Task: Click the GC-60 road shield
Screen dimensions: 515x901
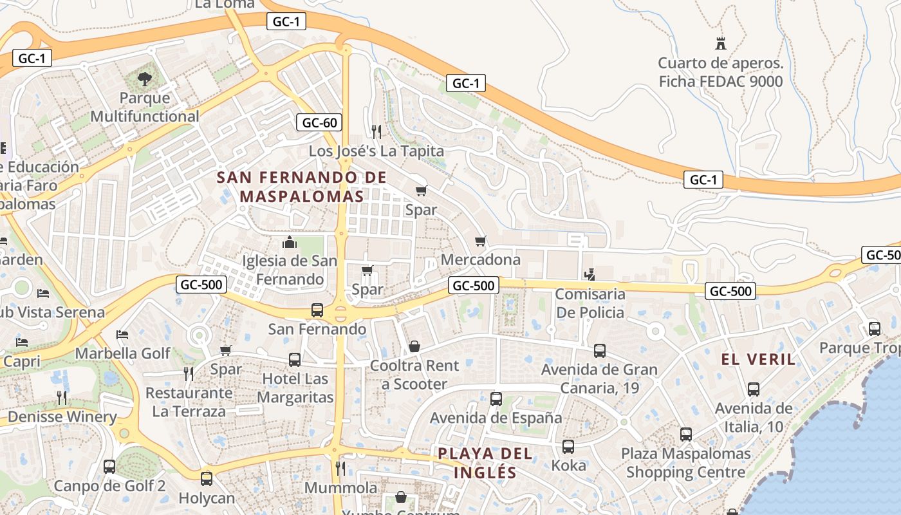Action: [319, 122]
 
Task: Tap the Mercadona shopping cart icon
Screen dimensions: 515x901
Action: [480, 241]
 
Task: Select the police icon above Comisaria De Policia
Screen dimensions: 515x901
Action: [590, 275]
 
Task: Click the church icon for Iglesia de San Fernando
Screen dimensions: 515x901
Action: [290, 242]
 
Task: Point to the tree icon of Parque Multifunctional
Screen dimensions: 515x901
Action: [145, 79]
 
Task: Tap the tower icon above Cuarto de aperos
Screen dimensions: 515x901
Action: [721, 44]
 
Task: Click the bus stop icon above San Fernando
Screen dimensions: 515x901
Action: [317, 310]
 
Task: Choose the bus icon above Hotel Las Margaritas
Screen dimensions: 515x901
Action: [295, 359]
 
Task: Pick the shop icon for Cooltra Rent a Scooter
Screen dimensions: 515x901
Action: [414, 346]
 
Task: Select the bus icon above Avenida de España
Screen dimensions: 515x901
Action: [496, 398]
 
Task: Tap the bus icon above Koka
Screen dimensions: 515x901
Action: [568, 446]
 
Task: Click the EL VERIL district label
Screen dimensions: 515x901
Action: [759, 359]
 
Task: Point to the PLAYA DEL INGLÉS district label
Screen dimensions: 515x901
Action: [485, 463]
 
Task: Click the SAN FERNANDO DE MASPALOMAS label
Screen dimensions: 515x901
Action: [302, 187]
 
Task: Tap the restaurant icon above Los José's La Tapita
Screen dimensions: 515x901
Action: [376, 132]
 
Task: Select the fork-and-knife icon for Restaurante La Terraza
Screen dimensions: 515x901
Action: [189, 373]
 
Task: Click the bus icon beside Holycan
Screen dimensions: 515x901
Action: [206, 479]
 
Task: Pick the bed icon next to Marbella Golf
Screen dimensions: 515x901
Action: [122, 335]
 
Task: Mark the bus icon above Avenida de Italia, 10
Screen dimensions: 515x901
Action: [754, 389]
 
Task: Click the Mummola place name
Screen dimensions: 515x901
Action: [340, 487]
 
